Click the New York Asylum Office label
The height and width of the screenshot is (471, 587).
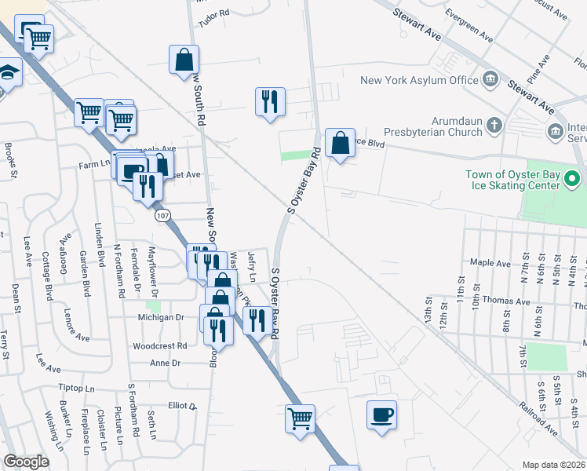coord(419,80)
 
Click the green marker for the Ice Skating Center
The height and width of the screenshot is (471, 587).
coord(572,181)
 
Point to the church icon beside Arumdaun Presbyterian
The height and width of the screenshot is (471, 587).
coord(493,124)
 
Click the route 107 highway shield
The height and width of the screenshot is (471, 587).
coord(162,214)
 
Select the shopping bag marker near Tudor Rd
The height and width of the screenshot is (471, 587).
coord(184,60)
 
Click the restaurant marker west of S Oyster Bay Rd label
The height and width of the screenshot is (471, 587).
coord(269,102)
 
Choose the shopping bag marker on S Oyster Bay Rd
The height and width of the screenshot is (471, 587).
coord(340,144)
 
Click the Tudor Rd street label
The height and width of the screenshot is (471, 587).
coord(213,13)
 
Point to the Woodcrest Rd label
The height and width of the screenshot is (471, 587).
coord(159,345)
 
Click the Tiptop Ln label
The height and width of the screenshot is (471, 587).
coord(76,389)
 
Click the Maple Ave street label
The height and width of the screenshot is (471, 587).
coord(490,262)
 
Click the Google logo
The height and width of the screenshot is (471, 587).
coord(27,461)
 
